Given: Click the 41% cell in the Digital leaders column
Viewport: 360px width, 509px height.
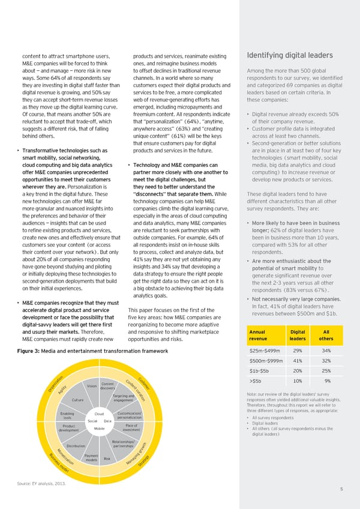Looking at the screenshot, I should pos(297,361).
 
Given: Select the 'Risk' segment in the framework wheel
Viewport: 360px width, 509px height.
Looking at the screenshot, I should pos(107,459).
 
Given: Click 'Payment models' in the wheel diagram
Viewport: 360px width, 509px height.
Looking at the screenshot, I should pos(92,458).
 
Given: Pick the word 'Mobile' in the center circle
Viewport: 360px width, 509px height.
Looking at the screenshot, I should pos(100,429).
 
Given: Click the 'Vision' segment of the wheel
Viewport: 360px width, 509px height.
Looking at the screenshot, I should pos(92,385).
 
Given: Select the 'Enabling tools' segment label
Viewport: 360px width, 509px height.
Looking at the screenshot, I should pos(68,415).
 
